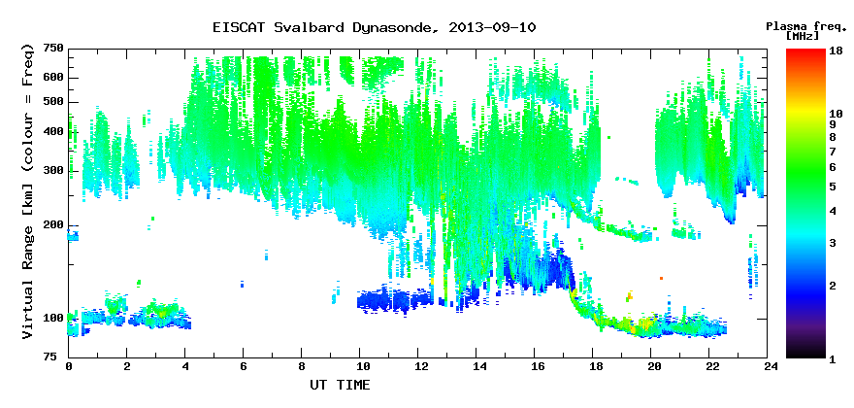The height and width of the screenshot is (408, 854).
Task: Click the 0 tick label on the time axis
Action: click(69, 367)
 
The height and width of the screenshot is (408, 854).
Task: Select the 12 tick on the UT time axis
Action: click(418, 367)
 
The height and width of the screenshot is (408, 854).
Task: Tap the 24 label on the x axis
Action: click(768, 367)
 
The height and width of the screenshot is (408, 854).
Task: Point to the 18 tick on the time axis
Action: click(593, 367)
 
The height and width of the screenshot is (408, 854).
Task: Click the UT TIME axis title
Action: click(340, 385)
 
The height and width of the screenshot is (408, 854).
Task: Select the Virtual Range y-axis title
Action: click(28, 192)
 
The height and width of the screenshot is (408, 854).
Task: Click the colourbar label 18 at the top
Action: click(837, 51)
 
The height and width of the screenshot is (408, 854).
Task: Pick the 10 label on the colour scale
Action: click(837, 114)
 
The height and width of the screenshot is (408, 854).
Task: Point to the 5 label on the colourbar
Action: click(834, 186)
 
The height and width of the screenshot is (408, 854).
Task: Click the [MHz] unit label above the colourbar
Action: click(803, 36)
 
